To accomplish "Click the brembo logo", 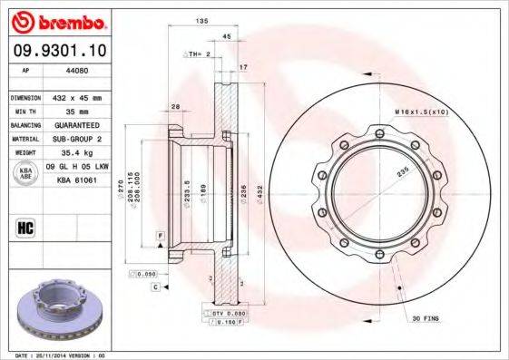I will pos(57,20).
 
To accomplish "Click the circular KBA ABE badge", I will pos(24,174).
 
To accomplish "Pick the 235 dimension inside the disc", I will pos(401,170).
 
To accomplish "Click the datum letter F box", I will pos(160,236).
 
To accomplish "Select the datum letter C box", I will pos(155,287).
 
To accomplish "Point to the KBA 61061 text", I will pos(77,180).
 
